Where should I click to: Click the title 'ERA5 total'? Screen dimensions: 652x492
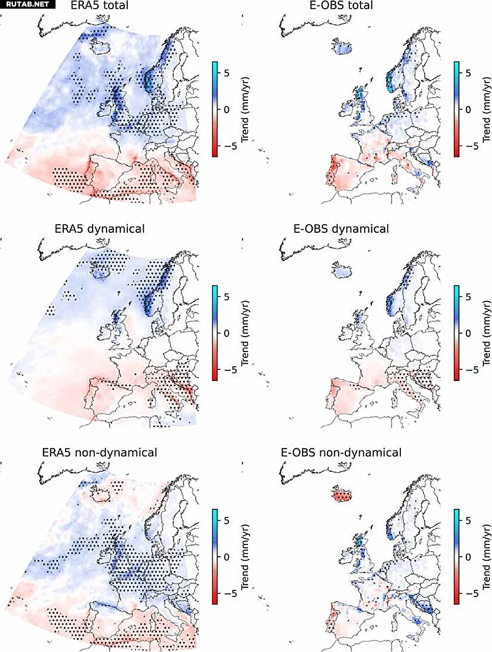click(x=99, y=6)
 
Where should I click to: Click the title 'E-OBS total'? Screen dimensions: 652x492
click(x=341, y=6)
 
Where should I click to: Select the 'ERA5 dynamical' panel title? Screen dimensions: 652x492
click(x=99, y=229)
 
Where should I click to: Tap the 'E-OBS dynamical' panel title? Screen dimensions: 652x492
click(x=341, y=229)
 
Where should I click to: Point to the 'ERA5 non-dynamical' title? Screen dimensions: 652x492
click(x=99, y=452)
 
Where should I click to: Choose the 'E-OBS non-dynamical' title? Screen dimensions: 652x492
click(x=341, y=452)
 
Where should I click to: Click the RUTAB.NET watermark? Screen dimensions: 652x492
click(x=28, y=4)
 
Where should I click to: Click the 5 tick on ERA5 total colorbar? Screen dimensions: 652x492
click(x=227, y=73)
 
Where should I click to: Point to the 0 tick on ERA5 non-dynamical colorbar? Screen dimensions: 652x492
click(x=227, y=557)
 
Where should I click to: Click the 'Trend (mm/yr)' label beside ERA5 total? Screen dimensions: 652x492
click(x=245, y=109)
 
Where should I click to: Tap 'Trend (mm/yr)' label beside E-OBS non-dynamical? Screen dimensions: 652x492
click(x=486, y=556)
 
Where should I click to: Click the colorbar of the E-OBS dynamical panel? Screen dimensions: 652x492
click(x=456, y=333)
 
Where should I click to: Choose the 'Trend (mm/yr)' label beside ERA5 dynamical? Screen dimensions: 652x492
click(x=245, y=333)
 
